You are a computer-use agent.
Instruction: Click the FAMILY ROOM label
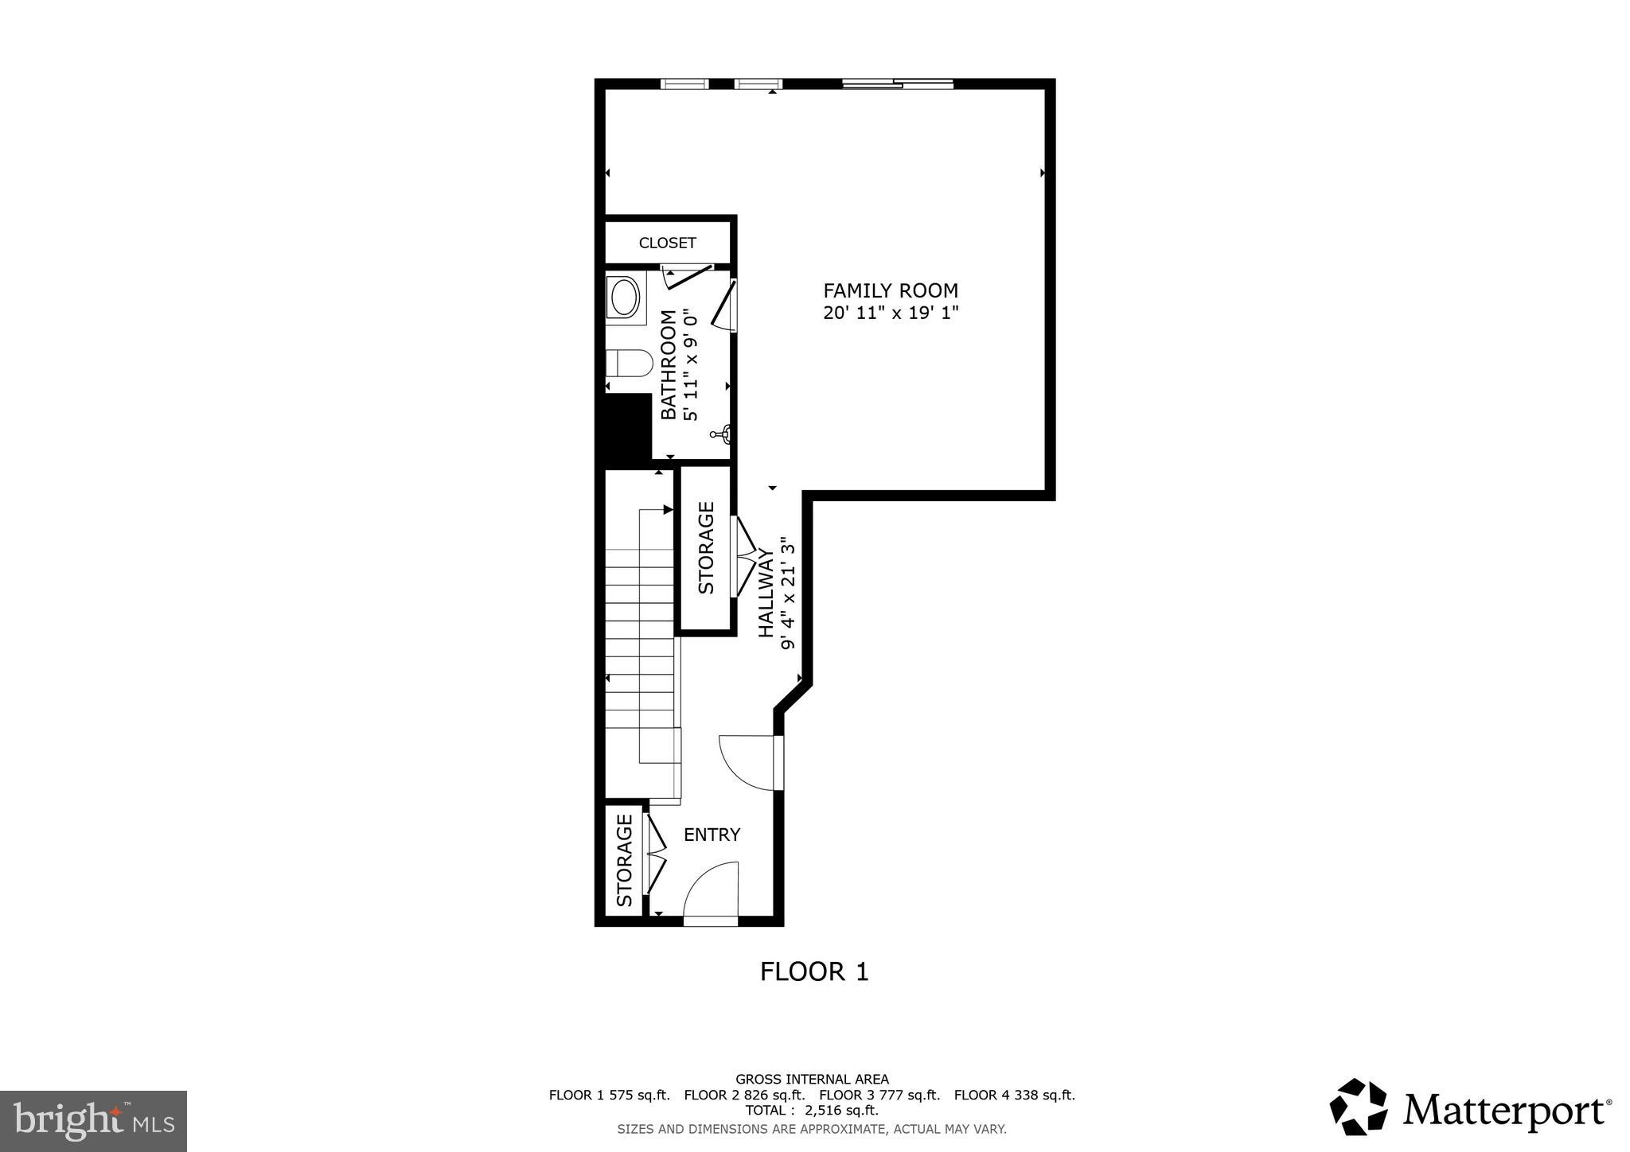890,291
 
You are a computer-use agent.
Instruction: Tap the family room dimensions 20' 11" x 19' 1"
890,313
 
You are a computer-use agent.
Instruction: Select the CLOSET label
667,243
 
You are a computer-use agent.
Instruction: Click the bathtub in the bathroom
624,298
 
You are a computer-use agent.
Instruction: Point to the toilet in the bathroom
629,364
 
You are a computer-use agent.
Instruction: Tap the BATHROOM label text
669,364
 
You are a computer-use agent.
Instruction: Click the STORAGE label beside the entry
625,860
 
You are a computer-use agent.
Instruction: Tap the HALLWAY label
766,593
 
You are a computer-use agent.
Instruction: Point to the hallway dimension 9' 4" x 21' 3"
788,593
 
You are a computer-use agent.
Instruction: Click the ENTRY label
712,835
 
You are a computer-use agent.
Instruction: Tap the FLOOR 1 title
814,971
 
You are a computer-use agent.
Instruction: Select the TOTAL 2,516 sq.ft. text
812,1111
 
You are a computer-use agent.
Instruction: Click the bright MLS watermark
93,1121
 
